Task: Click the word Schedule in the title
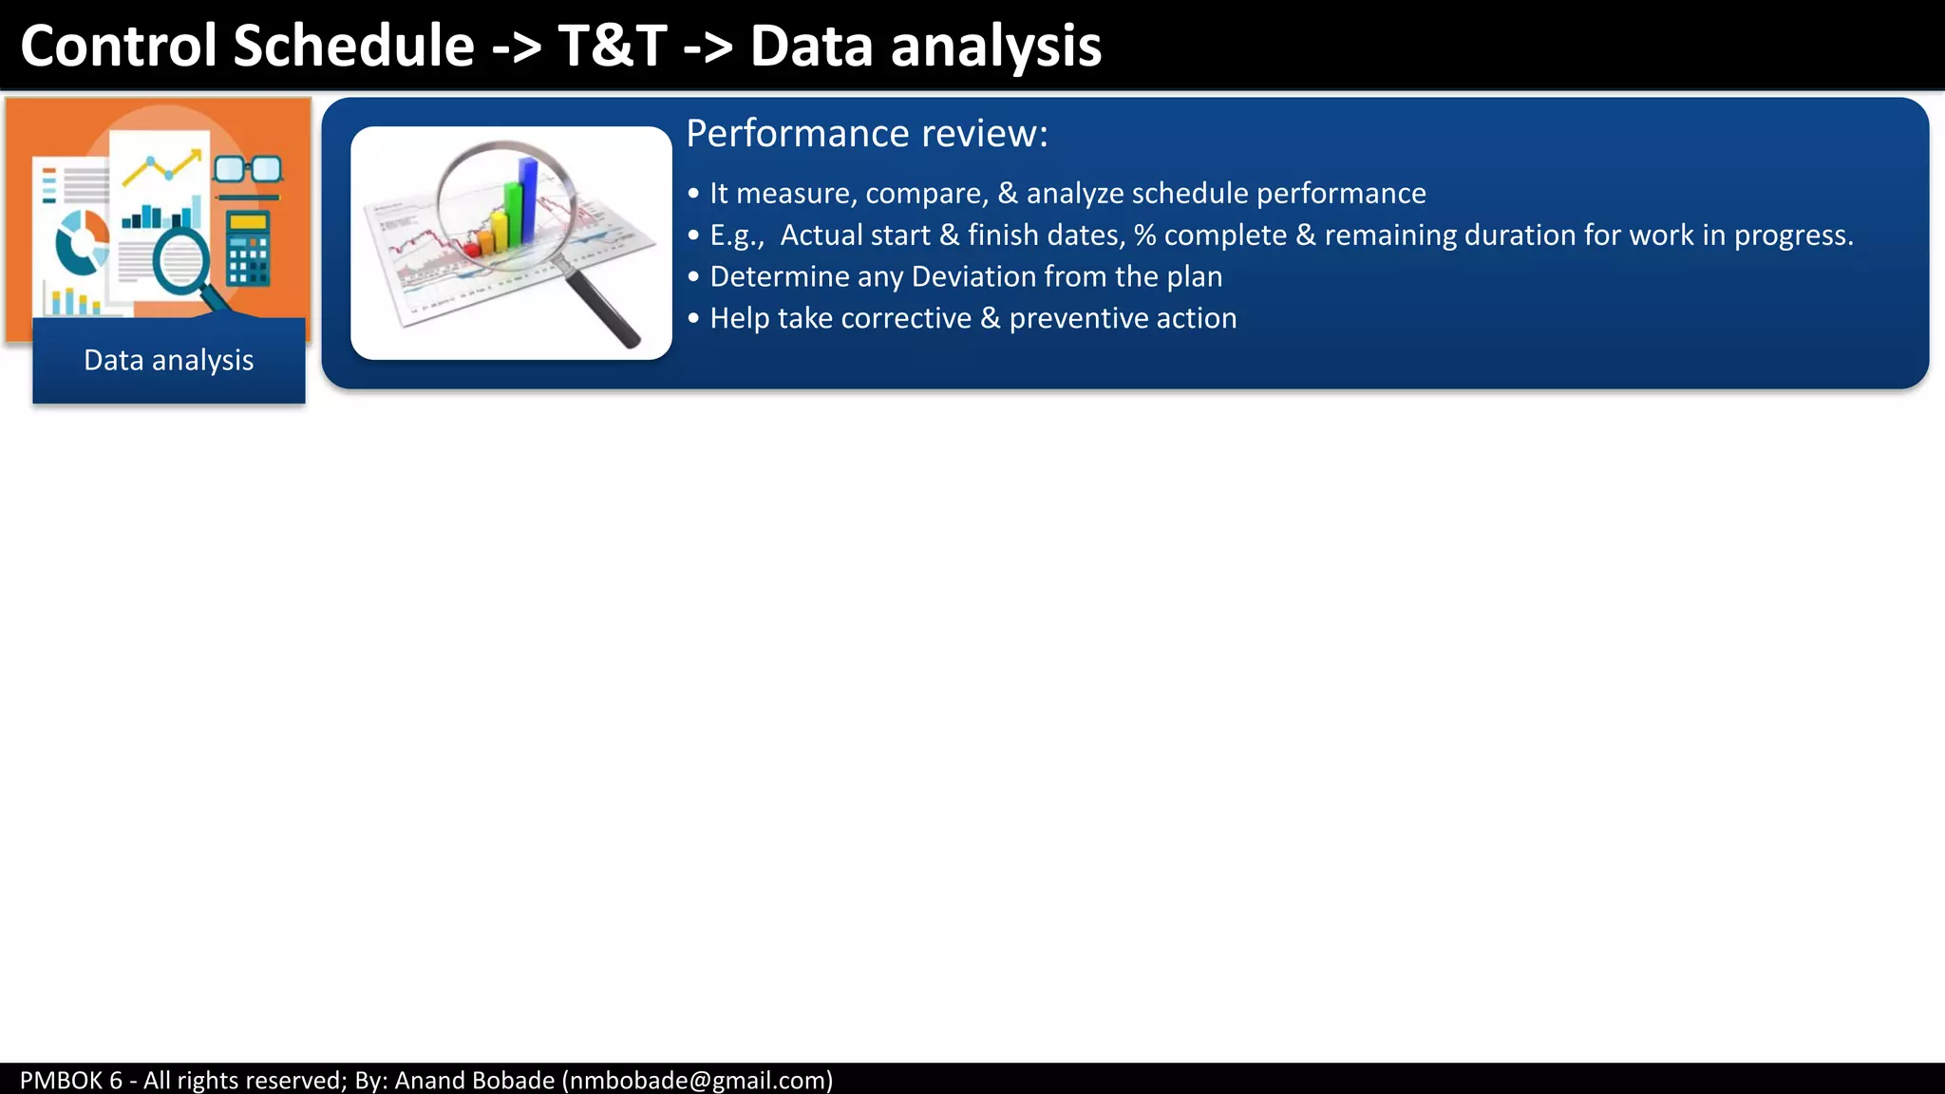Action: click(x=353, y=46)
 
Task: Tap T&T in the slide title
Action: click(x=613, y=46)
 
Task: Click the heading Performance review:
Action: click(x=866, y=134)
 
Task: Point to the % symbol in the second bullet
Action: click(x=1144, y=236)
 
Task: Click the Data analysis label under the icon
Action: click(x=169, y=361)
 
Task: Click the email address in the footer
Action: click(x=697, y=1080)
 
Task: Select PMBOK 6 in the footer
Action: click(x=71, y=1080)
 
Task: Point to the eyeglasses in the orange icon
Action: click(x=248, y=170)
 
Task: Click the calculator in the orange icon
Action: click(x=249, y=249)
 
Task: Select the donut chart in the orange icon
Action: click(x=82, y=241)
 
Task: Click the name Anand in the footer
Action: click(x=426, y=1080)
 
